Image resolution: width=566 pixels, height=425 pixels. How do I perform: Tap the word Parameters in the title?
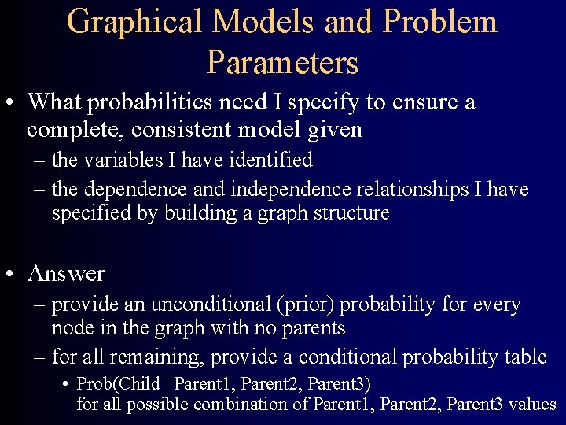tap(283, 62)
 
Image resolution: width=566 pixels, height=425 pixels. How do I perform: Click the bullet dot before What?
tap(12, 103)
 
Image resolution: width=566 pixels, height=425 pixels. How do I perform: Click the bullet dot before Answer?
tap(12, 274)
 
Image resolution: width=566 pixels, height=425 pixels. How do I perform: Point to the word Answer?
tap(66, 274)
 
